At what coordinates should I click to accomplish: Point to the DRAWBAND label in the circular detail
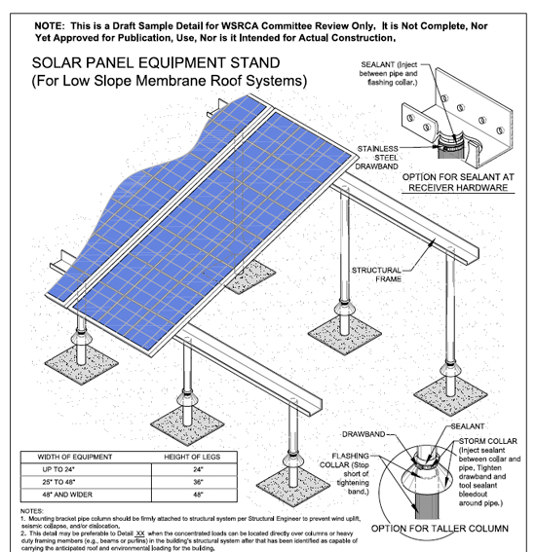click(x=364, y=433)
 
